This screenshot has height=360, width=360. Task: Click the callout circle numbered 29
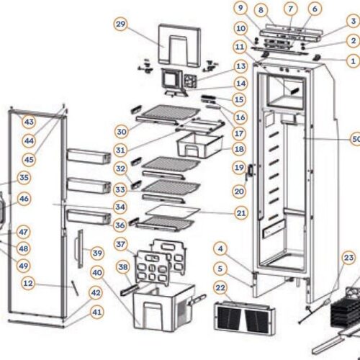[120, 24]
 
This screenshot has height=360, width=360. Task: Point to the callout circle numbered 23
[349, 258]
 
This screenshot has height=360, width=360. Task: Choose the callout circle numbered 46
[24, 198]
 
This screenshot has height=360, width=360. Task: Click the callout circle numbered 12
[28, 284]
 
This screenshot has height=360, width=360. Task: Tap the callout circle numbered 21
[240, 213]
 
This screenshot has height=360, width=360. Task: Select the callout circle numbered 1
[352, 61]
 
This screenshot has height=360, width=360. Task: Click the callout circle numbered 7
[290, 9]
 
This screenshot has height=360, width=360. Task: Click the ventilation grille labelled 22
[246, 315]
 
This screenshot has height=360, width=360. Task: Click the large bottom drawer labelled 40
[162, 310]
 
